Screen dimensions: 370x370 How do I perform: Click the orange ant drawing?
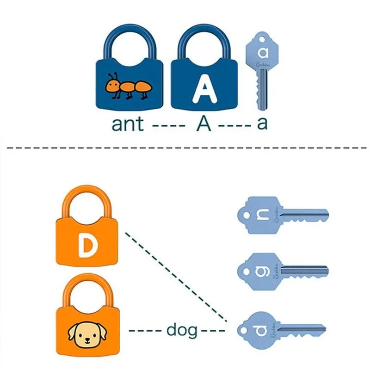tap(128, 86)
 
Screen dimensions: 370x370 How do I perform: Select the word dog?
tap(181, 330)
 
